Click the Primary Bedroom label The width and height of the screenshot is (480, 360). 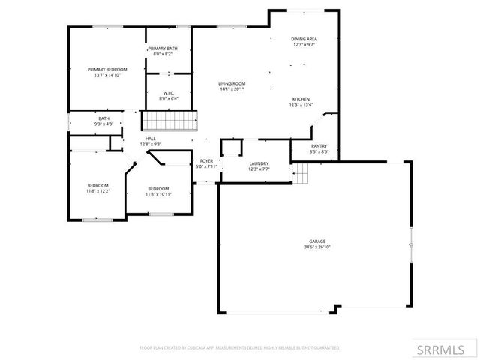tap(106, 69)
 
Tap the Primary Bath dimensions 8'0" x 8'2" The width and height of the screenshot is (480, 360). tap(162, 54)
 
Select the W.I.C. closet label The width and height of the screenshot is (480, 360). tap(169, 93)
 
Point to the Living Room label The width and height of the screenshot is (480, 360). tap(232, 83)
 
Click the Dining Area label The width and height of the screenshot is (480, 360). tap(304, 39)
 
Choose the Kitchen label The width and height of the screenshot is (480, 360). tap(300, 99)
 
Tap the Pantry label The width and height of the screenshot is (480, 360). tap(319, 146)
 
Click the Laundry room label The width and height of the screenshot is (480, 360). tap(259, 163)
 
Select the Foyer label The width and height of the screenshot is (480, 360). tap(206, 161)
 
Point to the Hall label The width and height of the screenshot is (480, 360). tap(150, 139)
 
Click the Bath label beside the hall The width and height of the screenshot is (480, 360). tap(103, 118)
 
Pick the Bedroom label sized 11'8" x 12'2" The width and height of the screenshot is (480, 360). tap(97, 185)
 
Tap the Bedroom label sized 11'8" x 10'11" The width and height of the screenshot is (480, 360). tap(157, 188)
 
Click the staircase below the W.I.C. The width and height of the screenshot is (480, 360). tap(169, 120)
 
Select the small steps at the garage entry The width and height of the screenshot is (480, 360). tap(301, 175)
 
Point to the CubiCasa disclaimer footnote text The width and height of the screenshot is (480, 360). tap(240, 348)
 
